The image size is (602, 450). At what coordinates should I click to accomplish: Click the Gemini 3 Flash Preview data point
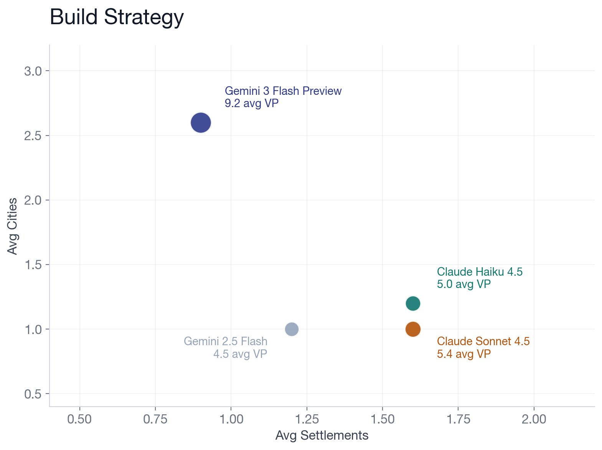click(201, 123)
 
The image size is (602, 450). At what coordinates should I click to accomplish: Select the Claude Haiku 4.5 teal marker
click(413, 303)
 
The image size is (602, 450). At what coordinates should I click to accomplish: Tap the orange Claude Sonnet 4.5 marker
click(413, 329)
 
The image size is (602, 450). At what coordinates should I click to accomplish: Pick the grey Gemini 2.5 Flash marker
click(292, 329)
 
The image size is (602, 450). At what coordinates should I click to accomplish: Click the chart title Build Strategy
click(117, 17)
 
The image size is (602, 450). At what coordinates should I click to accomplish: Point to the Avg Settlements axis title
click(322, 435)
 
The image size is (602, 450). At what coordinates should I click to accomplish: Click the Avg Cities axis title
click(13, 226)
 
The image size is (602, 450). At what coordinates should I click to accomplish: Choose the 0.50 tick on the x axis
click(79, 419)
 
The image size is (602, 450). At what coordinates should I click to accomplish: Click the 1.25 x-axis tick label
click(307, 419)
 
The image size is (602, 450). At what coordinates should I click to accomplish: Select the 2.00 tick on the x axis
click(534, 419)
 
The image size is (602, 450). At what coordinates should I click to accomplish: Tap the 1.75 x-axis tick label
click(459, 419)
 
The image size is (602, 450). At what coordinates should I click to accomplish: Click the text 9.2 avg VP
click(252, 103)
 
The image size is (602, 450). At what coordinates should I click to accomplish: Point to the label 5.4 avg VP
click(464, 354)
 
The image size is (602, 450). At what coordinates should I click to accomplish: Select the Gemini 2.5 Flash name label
click(226, 341)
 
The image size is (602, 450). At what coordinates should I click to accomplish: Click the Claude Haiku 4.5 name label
click(480, 272)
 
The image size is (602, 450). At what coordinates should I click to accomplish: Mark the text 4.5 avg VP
click(240, 354)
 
